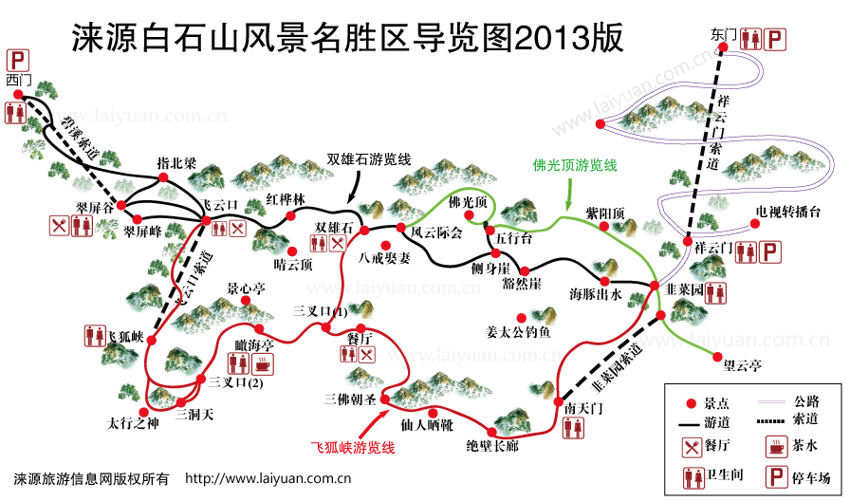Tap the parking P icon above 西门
pos(16,60)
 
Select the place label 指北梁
pos(176,162)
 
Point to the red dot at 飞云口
pos(206,221)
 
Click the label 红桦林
pos(285,200)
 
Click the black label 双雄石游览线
pos(369,158)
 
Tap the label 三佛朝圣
pos(350,398)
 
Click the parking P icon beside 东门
pos(775,39)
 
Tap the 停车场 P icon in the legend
pos(776,476)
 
